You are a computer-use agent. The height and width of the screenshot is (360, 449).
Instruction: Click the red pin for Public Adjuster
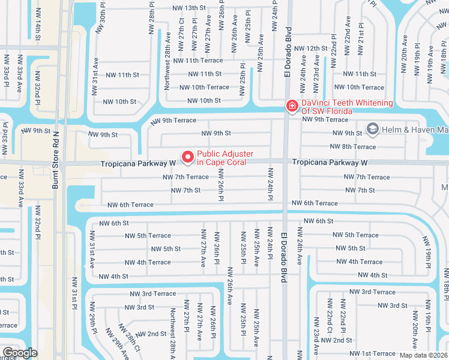(x=187, y=157)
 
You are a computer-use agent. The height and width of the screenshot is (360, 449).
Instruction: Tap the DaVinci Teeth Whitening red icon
(x=292, y=107)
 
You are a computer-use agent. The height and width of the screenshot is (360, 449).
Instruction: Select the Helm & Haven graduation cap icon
(x=372, y=129)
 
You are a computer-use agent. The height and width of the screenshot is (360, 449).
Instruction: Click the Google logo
(x=20, y=353)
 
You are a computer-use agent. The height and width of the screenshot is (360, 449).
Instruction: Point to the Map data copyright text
(x=424, y=355)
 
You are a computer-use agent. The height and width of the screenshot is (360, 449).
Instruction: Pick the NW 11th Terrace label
(x=197, y=61)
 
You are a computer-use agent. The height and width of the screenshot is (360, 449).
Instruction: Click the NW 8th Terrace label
(x=352, y=146)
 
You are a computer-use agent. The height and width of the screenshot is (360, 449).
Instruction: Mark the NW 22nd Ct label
(x=330, y=322)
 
